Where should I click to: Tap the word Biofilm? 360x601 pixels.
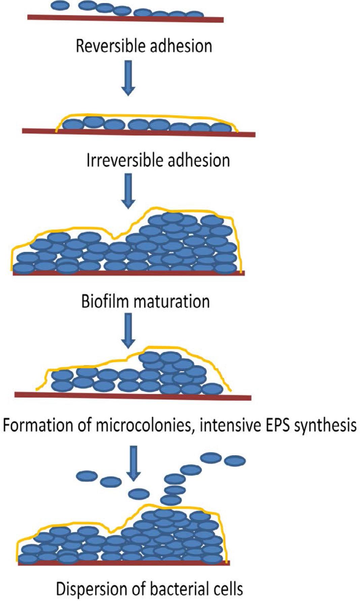(x=105, y=301)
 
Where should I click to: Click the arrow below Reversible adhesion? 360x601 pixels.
(x=128, y=78)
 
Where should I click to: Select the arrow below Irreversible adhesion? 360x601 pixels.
(x=128, y=191)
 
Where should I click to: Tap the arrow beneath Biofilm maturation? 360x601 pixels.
(x=128, y=331)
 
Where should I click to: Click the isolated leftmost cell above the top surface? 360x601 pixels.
(x=60, y=5)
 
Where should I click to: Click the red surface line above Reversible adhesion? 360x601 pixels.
(x=125, y=18)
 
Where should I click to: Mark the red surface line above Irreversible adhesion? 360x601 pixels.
(x=138, y=133)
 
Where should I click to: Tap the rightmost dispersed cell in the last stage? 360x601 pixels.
(x=235, y=461)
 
